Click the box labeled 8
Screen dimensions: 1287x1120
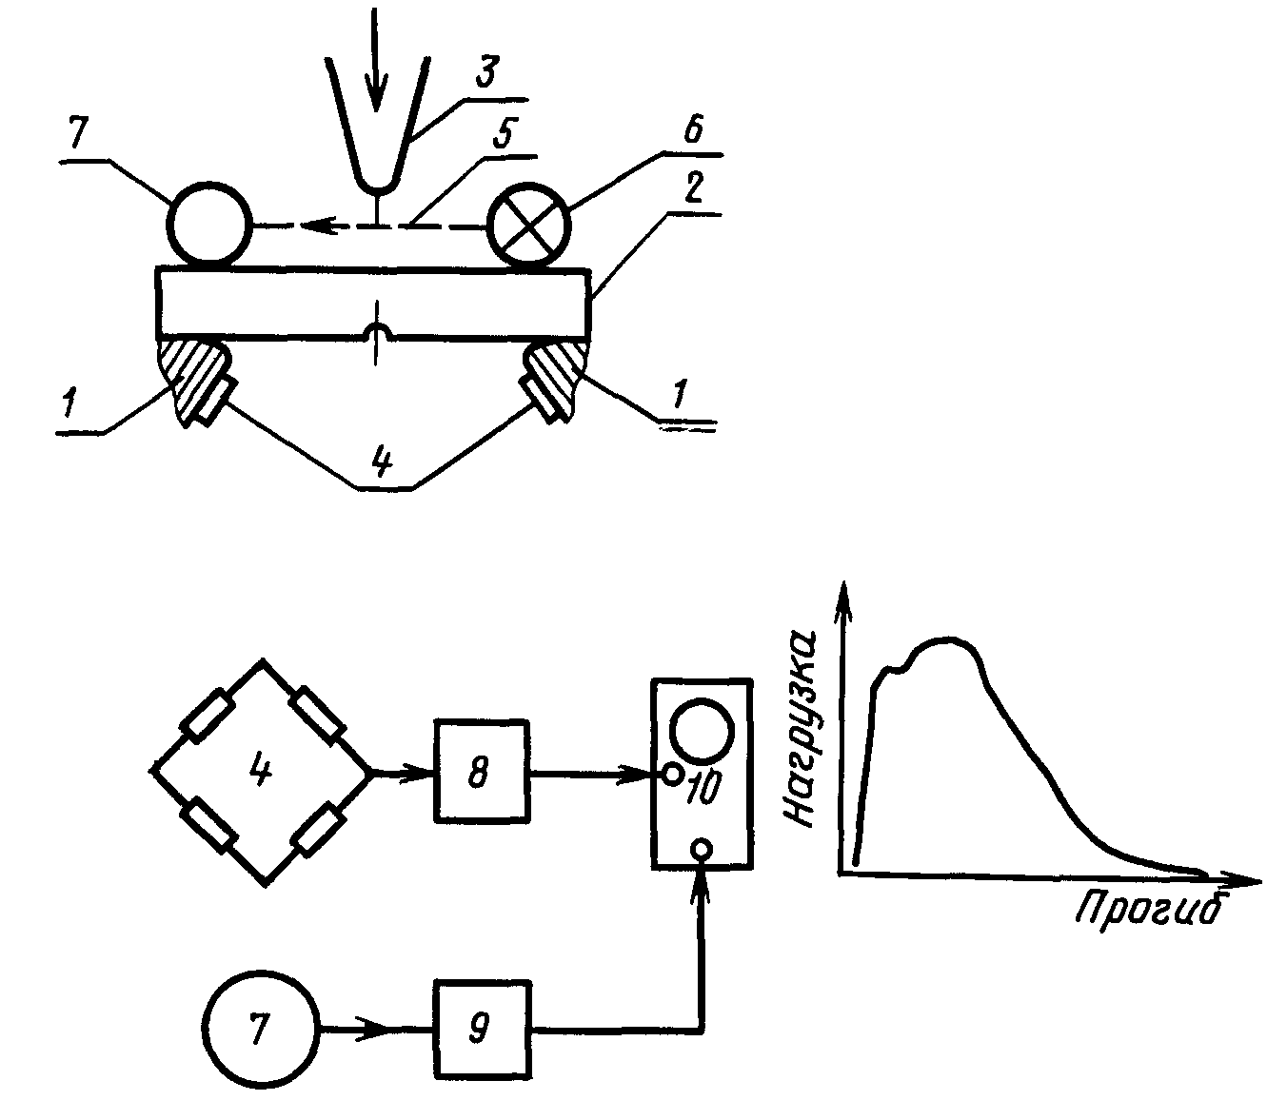pyautogui.click(x=481, y=771)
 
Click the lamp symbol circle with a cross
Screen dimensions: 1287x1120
pyautogui.click(x=529, y=224)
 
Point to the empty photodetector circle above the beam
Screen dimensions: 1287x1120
pyautogui.click(x=209, y=223)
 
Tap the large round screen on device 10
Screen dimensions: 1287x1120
pyautogui.click(x=701, y=731)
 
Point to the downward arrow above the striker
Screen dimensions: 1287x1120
pyautogui.click(x=375, y=60)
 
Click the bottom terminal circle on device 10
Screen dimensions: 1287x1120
pyautogui.click(x=702, y=849)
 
